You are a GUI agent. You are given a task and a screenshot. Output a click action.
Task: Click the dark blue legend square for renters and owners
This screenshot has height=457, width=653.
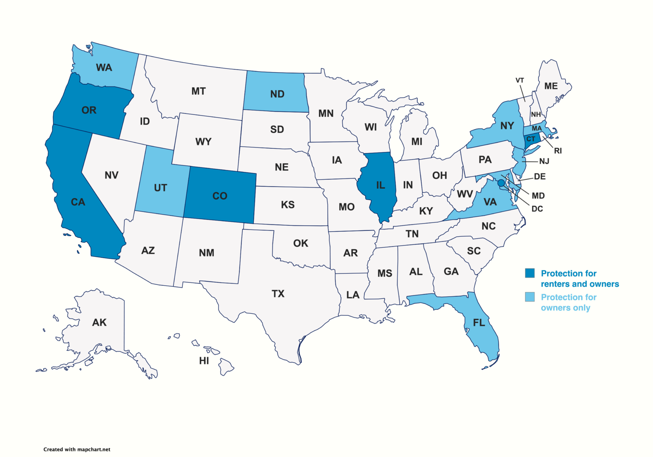tap(529, 273)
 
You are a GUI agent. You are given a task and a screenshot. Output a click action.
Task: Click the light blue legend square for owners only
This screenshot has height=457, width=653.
tap(529, 297)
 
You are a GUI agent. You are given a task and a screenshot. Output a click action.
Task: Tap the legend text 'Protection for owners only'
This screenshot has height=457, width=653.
tap(568, 302)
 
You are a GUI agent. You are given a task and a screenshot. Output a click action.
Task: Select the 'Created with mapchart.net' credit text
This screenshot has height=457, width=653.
tap(77, 449)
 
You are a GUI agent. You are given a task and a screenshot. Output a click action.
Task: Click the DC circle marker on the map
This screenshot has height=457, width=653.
tap(501, 183)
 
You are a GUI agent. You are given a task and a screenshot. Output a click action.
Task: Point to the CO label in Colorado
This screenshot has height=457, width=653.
tap(220, 196)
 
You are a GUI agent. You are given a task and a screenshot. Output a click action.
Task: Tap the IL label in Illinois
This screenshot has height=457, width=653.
tap(380, 185)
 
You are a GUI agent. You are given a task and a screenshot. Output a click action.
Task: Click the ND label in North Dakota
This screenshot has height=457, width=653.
tap(277, 94)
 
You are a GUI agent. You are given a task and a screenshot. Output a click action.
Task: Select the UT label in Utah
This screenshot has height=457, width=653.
tap(160, 188)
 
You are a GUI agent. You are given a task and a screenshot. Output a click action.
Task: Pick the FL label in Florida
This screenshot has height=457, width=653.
tap(479, 323)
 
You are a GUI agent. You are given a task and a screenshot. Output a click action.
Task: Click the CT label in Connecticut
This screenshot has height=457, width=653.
tap(531, 139)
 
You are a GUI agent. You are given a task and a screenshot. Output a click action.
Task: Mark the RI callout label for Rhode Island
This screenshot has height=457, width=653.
tap(558, 151)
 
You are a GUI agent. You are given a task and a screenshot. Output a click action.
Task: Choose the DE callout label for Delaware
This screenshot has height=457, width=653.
tap(539, 176)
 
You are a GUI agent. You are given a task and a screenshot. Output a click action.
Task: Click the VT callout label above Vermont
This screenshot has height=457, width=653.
tap(520, 80)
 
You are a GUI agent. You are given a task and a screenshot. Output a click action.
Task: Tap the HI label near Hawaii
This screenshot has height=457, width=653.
tap(204, 361)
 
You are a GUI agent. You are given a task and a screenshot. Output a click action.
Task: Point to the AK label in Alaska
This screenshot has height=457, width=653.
tap(99, 323)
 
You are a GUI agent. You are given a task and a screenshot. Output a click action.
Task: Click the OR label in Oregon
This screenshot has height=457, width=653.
tap(89, 111)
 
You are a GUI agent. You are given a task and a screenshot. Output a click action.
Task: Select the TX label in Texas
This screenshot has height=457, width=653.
tap(278, 294)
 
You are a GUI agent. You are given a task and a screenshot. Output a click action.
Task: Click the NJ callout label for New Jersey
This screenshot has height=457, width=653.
tap(544, 161)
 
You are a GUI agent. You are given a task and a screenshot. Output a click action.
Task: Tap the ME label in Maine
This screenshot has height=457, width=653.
tap(551, 86)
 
